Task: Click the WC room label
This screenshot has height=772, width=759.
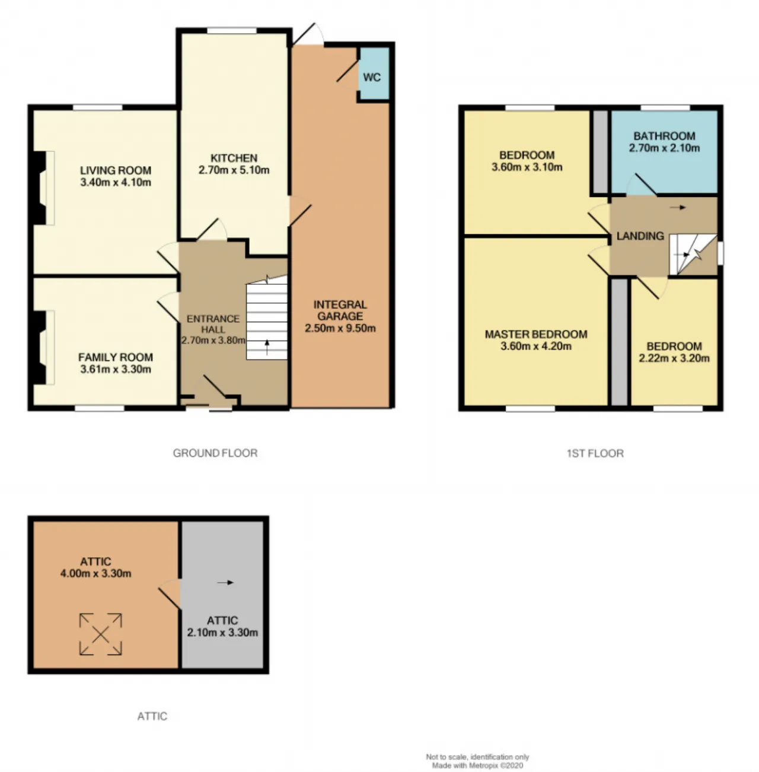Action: pyautogui.click(x=372, y=77)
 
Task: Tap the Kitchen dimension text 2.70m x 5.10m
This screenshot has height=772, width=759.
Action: pyautogui.click(x=234, y=170)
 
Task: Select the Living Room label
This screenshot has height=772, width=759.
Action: pyautogui.click(x=116, y=170)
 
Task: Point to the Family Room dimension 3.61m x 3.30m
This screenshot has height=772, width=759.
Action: pyautogui.click(x=116, y=369)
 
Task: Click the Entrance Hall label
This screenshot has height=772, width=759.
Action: pyautogui.click(x=213, y=324)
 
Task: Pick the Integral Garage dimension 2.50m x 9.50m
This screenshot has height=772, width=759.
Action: pyautogui.click(x=340, y=329)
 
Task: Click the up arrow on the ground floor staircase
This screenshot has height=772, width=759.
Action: pyautogui.click(x=267, y=347)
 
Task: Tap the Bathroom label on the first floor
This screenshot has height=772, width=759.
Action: pyautogui.click(x=664, y=136)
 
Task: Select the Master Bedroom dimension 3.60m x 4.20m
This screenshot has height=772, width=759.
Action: pyautogui.click(x=536, y=346)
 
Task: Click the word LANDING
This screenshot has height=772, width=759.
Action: pyautogui.click(x=640, y=236)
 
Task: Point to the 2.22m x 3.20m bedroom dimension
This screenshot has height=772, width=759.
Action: pyautogui.click(x=674, y=358)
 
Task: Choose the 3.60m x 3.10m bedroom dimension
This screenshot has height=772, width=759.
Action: pyautogui.click(x=527, y=167)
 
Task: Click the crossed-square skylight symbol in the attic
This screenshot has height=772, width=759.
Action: pyautogui.click(x=101, y=634)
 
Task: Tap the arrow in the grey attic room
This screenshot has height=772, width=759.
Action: pyautogui.click(x=225, y=583)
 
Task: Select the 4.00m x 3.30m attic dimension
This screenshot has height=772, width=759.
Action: pyautogui.click(x=95, y=573)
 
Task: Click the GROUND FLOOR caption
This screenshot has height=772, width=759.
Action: pyautogui.click(x=215, y=453)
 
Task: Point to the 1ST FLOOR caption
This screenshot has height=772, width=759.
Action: pyautogui.click(x=595, y=453)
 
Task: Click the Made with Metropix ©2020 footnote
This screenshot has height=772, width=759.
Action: pyautogui.click(x=477, y=765)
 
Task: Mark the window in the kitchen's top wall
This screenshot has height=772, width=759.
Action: pyautogui.click(x=232, y=30)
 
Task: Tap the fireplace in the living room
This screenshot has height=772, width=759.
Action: pyautogui.click(x=43, y=188)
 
